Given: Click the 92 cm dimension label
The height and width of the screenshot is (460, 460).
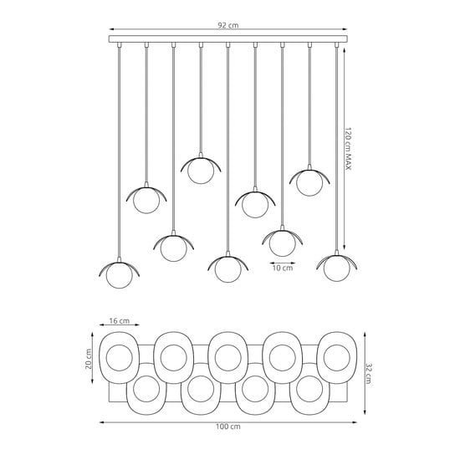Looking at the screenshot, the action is pos(228,25).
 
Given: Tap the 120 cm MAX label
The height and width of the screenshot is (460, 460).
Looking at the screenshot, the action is pos(348,149).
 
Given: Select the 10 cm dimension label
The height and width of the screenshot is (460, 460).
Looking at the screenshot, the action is pos(283,268).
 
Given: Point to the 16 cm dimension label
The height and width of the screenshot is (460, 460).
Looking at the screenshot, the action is pos(120,320).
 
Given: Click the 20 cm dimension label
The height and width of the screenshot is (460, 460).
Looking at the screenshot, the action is pos(89,359).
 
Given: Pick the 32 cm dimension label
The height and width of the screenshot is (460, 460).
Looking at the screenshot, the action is pos(369,374).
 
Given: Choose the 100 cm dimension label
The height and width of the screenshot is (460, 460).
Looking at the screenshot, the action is pos(228,427).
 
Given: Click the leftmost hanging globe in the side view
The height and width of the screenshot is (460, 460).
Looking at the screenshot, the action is pos(119,275).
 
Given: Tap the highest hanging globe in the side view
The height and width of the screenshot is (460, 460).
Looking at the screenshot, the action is pos(201,171).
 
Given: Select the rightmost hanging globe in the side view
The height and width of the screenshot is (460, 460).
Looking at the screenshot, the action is pos(337,268).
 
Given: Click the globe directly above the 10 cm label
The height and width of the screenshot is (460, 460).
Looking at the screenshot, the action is pos(282,243).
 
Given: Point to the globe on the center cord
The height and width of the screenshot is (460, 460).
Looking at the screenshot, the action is pos(228,269).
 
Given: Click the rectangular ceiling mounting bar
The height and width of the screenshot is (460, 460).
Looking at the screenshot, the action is pos(228,39).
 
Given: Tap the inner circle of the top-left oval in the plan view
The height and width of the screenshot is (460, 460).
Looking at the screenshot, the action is pos(119,358).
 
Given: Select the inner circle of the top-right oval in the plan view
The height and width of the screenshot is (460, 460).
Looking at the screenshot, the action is pos(337,358).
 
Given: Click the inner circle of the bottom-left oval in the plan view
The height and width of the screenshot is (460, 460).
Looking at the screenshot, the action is pos(146,389).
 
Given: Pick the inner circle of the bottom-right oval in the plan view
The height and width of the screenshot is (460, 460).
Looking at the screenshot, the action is pos(309,389).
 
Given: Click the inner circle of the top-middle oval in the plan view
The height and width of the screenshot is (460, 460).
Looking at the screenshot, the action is pos(228,358).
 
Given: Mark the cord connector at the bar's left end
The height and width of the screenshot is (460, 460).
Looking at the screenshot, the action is pos(119,44).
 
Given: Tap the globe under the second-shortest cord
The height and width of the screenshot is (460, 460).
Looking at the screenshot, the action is pos(309,183).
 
